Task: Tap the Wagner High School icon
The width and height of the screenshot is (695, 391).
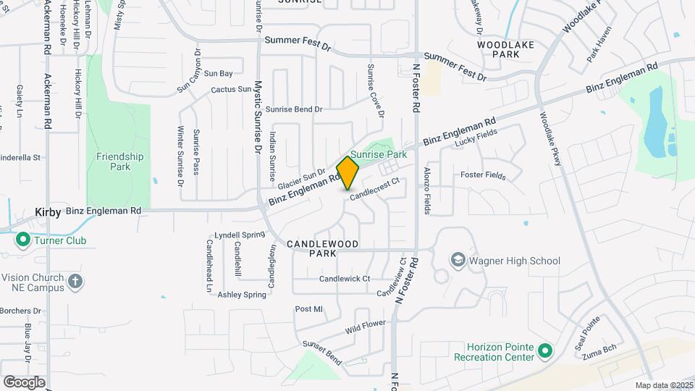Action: [x=457, y=259]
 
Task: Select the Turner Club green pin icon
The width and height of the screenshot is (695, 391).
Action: [x=22, y=240]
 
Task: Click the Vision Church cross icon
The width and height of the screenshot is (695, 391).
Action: [x=75, y=281]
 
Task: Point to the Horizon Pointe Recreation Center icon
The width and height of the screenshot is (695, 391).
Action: [x=546, y=352]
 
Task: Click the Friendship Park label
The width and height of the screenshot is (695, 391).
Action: [x=119, y=161]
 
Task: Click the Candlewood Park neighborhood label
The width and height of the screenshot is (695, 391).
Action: [x=322, y=249]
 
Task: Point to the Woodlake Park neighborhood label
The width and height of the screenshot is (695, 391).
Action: [x=505, y=49]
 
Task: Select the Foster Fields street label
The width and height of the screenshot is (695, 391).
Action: [x=483, y=175]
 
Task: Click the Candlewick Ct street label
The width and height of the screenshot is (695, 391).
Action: [x=345, y=278]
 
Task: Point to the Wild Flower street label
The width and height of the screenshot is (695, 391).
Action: [x=365, y=328]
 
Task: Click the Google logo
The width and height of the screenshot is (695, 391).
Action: [x=24, y=382]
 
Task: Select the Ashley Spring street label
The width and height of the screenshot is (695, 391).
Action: [x=243, y=295]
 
